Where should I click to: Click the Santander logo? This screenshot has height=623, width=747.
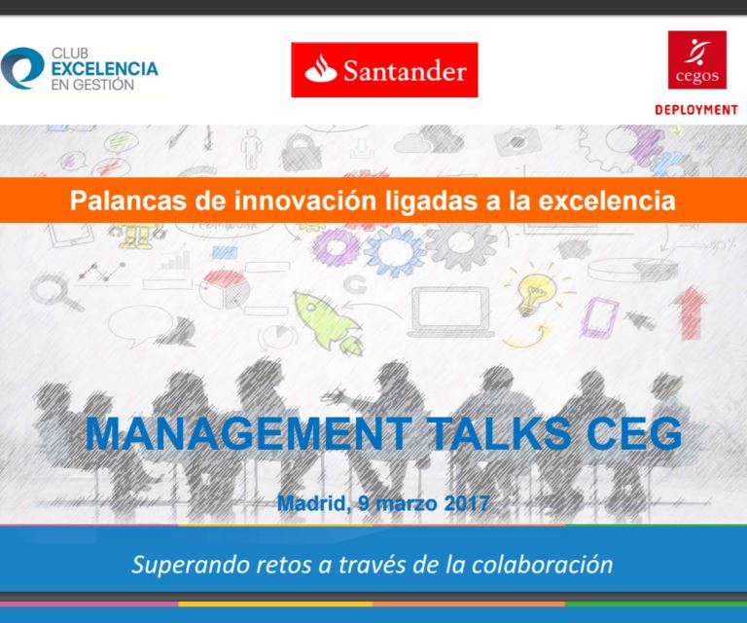click(x=384, y=69)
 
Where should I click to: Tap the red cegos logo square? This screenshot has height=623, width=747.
click(x=697, y=60)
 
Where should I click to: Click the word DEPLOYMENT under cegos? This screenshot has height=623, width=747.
click(x=696, y=110)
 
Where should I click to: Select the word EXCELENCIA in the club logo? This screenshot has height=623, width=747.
click(x=104, y=69)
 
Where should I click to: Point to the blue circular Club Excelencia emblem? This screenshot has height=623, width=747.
click(x=21, y=68)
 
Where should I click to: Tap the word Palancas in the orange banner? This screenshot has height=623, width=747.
click(x=127, y=201)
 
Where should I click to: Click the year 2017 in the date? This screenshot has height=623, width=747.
click(x=467, y=503)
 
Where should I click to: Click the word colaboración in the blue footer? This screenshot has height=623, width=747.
click(x=542, y=565)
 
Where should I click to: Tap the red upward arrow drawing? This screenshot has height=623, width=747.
click(x=690, y=312)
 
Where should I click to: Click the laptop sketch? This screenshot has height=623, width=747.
click(x=450, y=312)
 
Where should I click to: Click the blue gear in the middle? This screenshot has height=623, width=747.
click(x=395, y=252)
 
